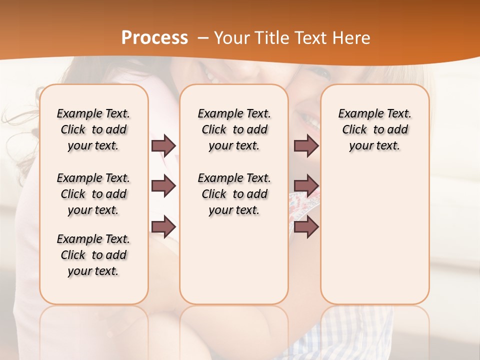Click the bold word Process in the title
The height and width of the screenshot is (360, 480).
click(x=154, y=38)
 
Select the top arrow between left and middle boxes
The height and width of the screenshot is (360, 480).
click(x=163, y=145)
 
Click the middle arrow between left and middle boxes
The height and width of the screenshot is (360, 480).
click(x=163, y=186)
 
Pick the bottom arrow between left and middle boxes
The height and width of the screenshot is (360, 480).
click(x=163, y=227)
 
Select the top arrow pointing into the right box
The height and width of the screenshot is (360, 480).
click(x=306, y=145)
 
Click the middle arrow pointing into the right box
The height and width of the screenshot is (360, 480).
click(x=306, y=186)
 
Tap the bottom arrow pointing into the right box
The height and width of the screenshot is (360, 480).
click(x=306, y=227)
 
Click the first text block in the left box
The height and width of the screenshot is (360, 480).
click(x=93, y=129)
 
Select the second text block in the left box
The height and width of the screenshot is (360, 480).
click(x=93, y=194)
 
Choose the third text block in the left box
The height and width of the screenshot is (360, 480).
click(x=93, y=255)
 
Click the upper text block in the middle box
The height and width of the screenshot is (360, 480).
click(x=234, y=129)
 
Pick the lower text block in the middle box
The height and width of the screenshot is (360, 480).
click(x=234, y=194)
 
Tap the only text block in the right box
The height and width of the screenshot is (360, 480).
click(x=374, y=129)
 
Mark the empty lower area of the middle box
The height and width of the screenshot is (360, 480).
click(x=234, y=260)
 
